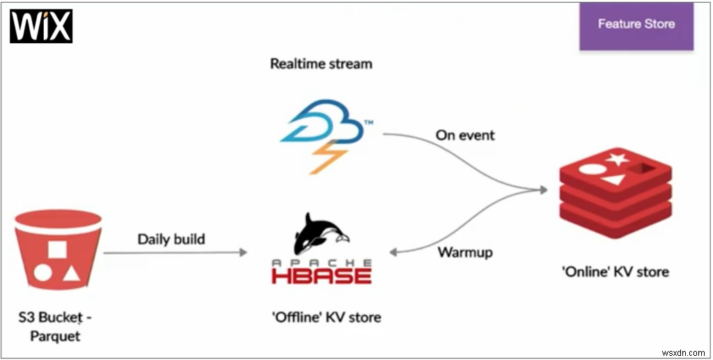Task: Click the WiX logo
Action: (41, 26)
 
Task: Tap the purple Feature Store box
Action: (636, 26)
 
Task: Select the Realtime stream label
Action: (321, 64)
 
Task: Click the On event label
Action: (465, 135)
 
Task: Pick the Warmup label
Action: (465, 251)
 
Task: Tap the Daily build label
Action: (171, 240)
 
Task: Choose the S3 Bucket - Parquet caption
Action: (55, 327)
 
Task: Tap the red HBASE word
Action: (322, 274)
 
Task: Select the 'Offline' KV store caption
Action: (326, 318)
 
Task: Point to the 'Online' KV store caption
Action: (615, 272)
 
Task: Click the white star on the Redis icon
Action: (615, 160)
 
